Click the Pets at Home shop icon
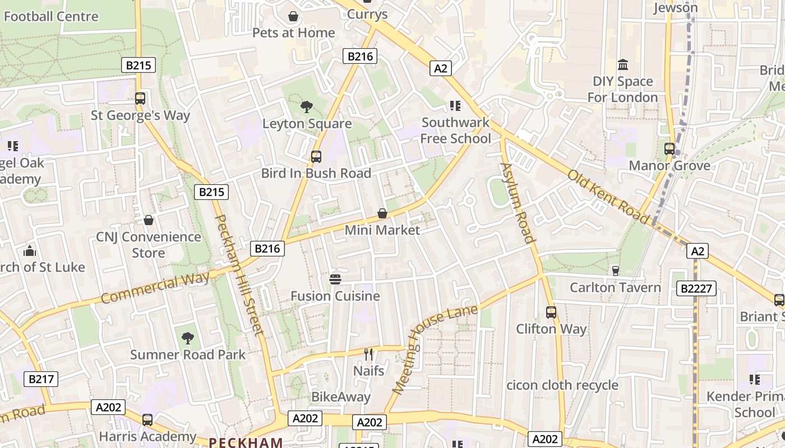(293, 17)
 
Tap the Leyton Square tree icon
(307, 107)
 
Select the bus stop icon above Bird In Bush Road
(316, 157)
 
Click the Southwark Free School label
(455, 130)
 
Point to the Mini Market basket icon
(382, 213)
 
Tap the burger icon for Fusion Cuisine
(335, 279)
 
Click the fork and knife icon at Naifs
(368, 354)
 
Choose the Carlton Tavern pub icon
(615, 271)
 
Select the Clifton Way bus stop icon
(551, 312)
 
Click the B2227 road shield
(695, 288)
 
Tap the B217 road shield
(41, 379)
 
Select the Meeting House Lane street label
(435, 349)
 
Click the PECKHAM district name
(246, 442)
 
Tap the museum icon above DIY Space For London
(622, 65)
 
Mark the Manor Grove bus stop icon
(669, 149)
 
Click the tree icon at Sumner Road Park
(188, 338)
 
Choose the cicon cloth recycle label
(562, 385)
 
